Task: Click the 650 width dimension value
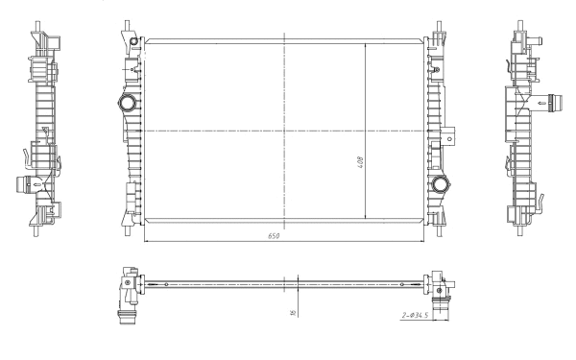tap(275, 236)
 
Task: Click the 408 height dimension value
tap(360, 162)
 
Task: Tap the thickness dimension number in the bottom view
tap(292, 310)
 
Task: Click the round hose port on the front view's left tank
tap(126, 103)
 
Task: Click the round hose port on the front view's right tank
tap(441, 185)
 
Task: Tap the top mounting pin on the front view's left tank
tap(129, 26)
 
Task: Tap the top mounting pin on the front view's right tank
tap(438, 26)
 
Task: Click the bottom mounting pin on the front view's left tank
tap(129, 229)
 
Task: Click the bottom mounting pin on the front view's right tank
tap(438, 229)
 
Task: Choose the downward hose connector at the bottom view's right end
tap(444, 312)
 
